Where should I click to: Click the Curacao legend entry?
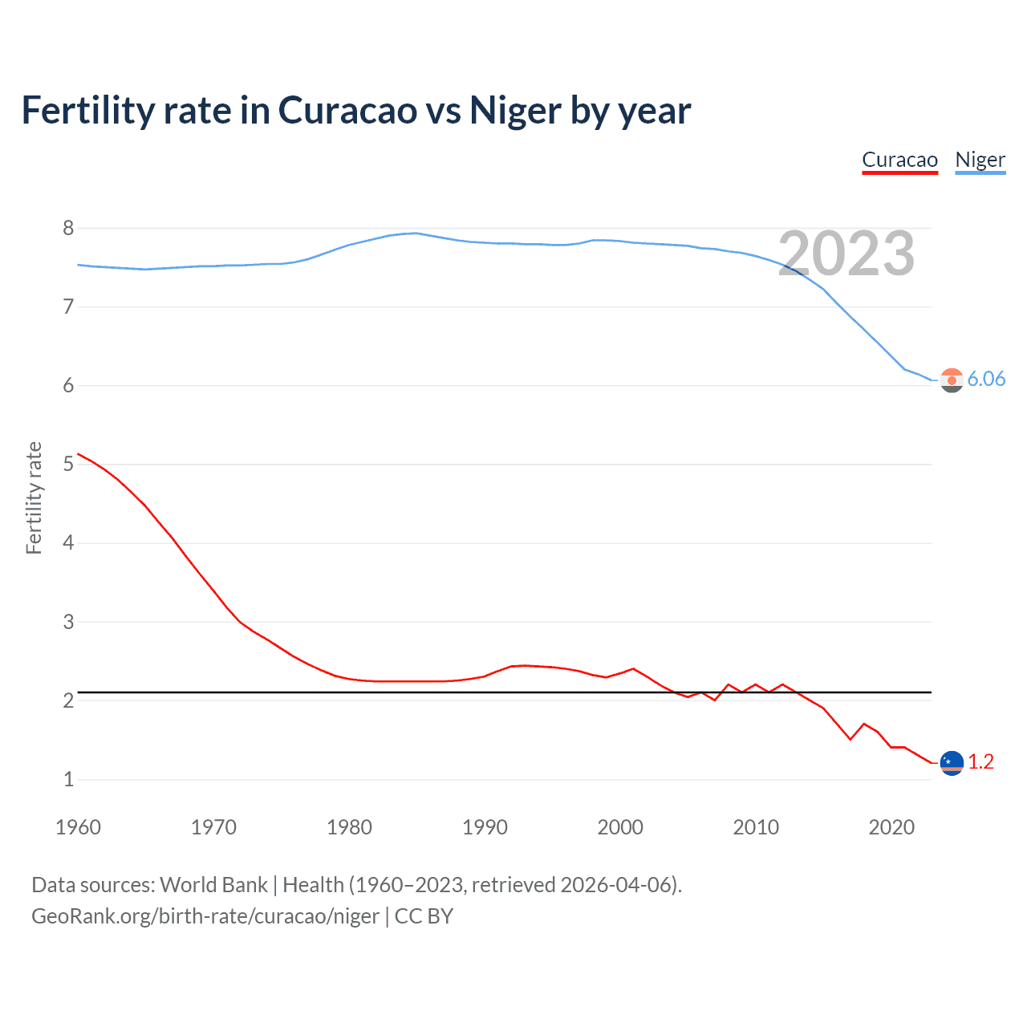tap(899, 160)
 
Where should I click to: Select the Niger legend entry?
tap(980, 160)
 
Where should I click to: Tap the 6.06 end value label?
tap(986, 379)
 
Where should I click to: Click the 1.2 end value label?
tap(980, 761)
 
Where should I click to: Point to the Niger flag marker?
tap(952, 380)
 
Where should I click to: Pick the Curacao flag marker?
tap(952, 762)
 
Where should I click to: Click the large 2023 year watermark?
tap(846, 254)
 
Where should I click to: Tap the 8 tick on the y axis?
tap(68, 228)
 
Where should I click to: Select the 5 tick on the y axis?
tap(68, 464)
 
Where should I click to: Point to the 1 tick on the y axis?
tap(68, 779)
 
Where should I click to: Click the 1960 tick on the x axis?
tap(78, 827)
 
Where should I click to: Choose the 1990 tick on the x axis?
tap(485, 827)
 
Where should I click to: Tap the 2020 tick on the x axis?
tap(891, 827)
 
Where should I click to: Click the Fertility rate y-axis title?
tap(34, 497)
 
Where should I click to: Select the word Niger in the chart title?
tap(515, 111)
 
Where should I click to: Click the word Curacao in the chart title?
tap(347, 111)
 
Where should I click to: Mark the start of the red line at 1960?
tap(78, 454)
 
